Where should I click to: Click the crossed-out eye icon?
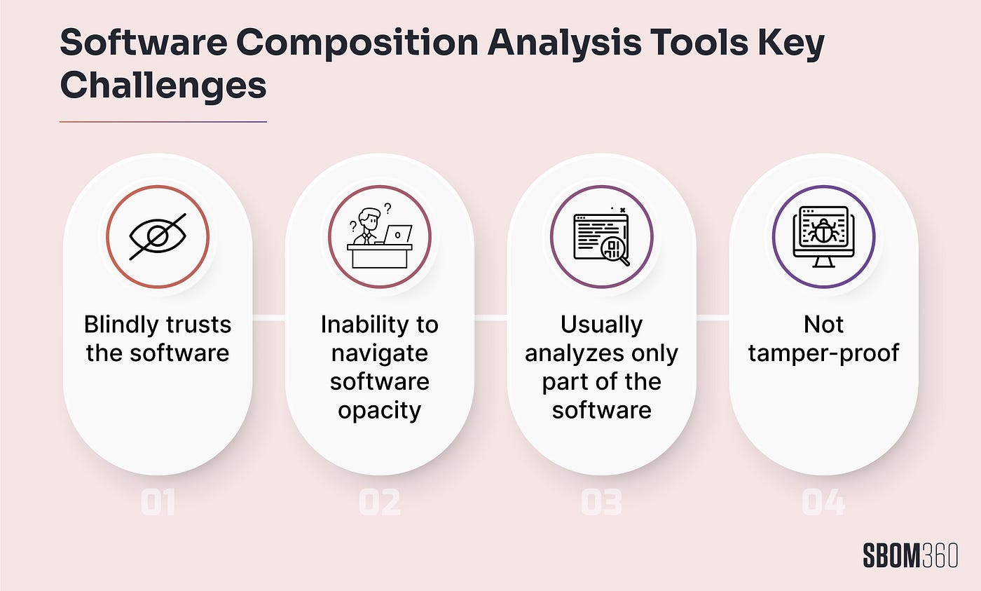click(x=158, y=236)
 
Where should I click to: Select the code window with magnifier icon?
click(x=602, y=236)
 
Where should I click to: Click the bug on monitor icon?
click(x=824, y=236)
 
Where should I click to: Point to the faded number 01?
click(x=158, y=502)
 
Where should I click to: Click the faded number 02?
click(x=380, y=502)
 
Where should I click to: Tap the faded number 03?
click(x=602, y=502)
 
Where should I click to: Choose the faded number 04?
click(x=824, y=502)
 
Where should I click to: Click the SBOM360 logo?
click(x=910, y=555)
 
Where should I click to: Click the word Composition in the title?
click(x=357, y=43)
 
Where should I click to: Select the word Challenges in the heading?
click(x=163, y=85)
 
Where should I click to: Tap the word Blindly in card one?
click(x=121, y=325)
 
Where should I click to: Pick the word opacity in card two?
click(x=380, y=411)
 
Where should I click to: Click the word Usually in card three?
click(x=602, y=325)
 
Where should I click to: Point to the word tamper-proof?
click(x=824, y=353)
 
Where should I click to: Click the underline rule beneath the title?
click(x=163, y=122)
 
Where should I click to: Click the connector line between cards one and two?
click(x=268, y=318)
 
